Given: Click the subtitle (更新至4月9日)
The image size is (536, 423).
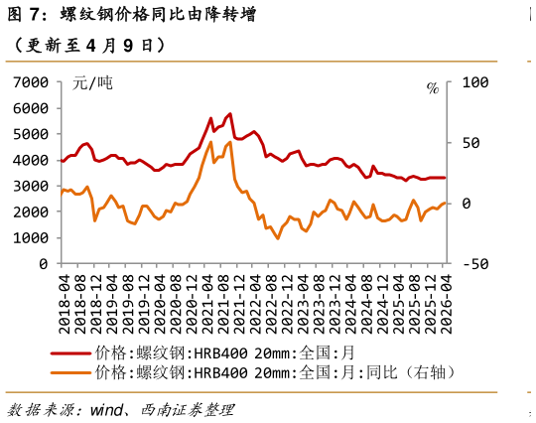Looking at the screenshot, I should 84,46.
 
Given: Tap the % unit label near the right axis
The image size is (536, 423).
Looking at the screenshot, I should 432,88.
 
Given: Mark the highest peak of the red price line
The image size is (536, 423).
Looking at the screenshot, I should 230,114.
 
